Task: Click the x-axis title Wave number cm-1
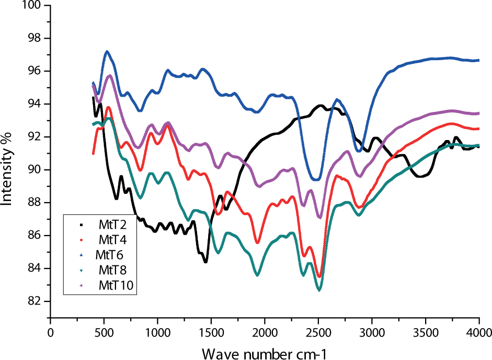(x=265, y=353)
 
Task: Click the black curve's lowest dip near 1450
(x=205, y=261)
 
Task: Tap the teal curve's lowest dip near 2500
(x=319, y=289)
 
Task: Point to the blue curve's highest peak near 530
(x=107, y=51)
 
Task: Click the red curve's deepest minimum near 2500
(x=319, y=276)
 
